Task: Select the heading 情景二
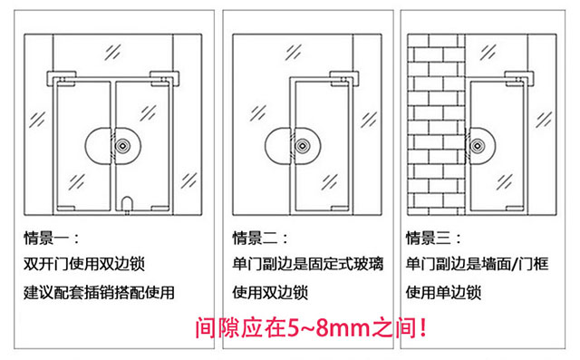click(260, 238)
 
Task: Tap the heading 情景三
click(433, 238)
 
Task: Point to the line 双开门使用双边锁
click(83, 266)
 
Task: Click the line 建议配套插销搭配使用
click(98, 293)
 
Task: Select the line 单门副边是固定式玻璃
click(307, 266)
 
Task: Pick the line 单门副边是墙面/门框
click(479, 266)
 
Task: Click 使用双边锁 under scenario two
click(270, 293)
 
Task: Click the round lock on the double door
click(113, 145)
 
